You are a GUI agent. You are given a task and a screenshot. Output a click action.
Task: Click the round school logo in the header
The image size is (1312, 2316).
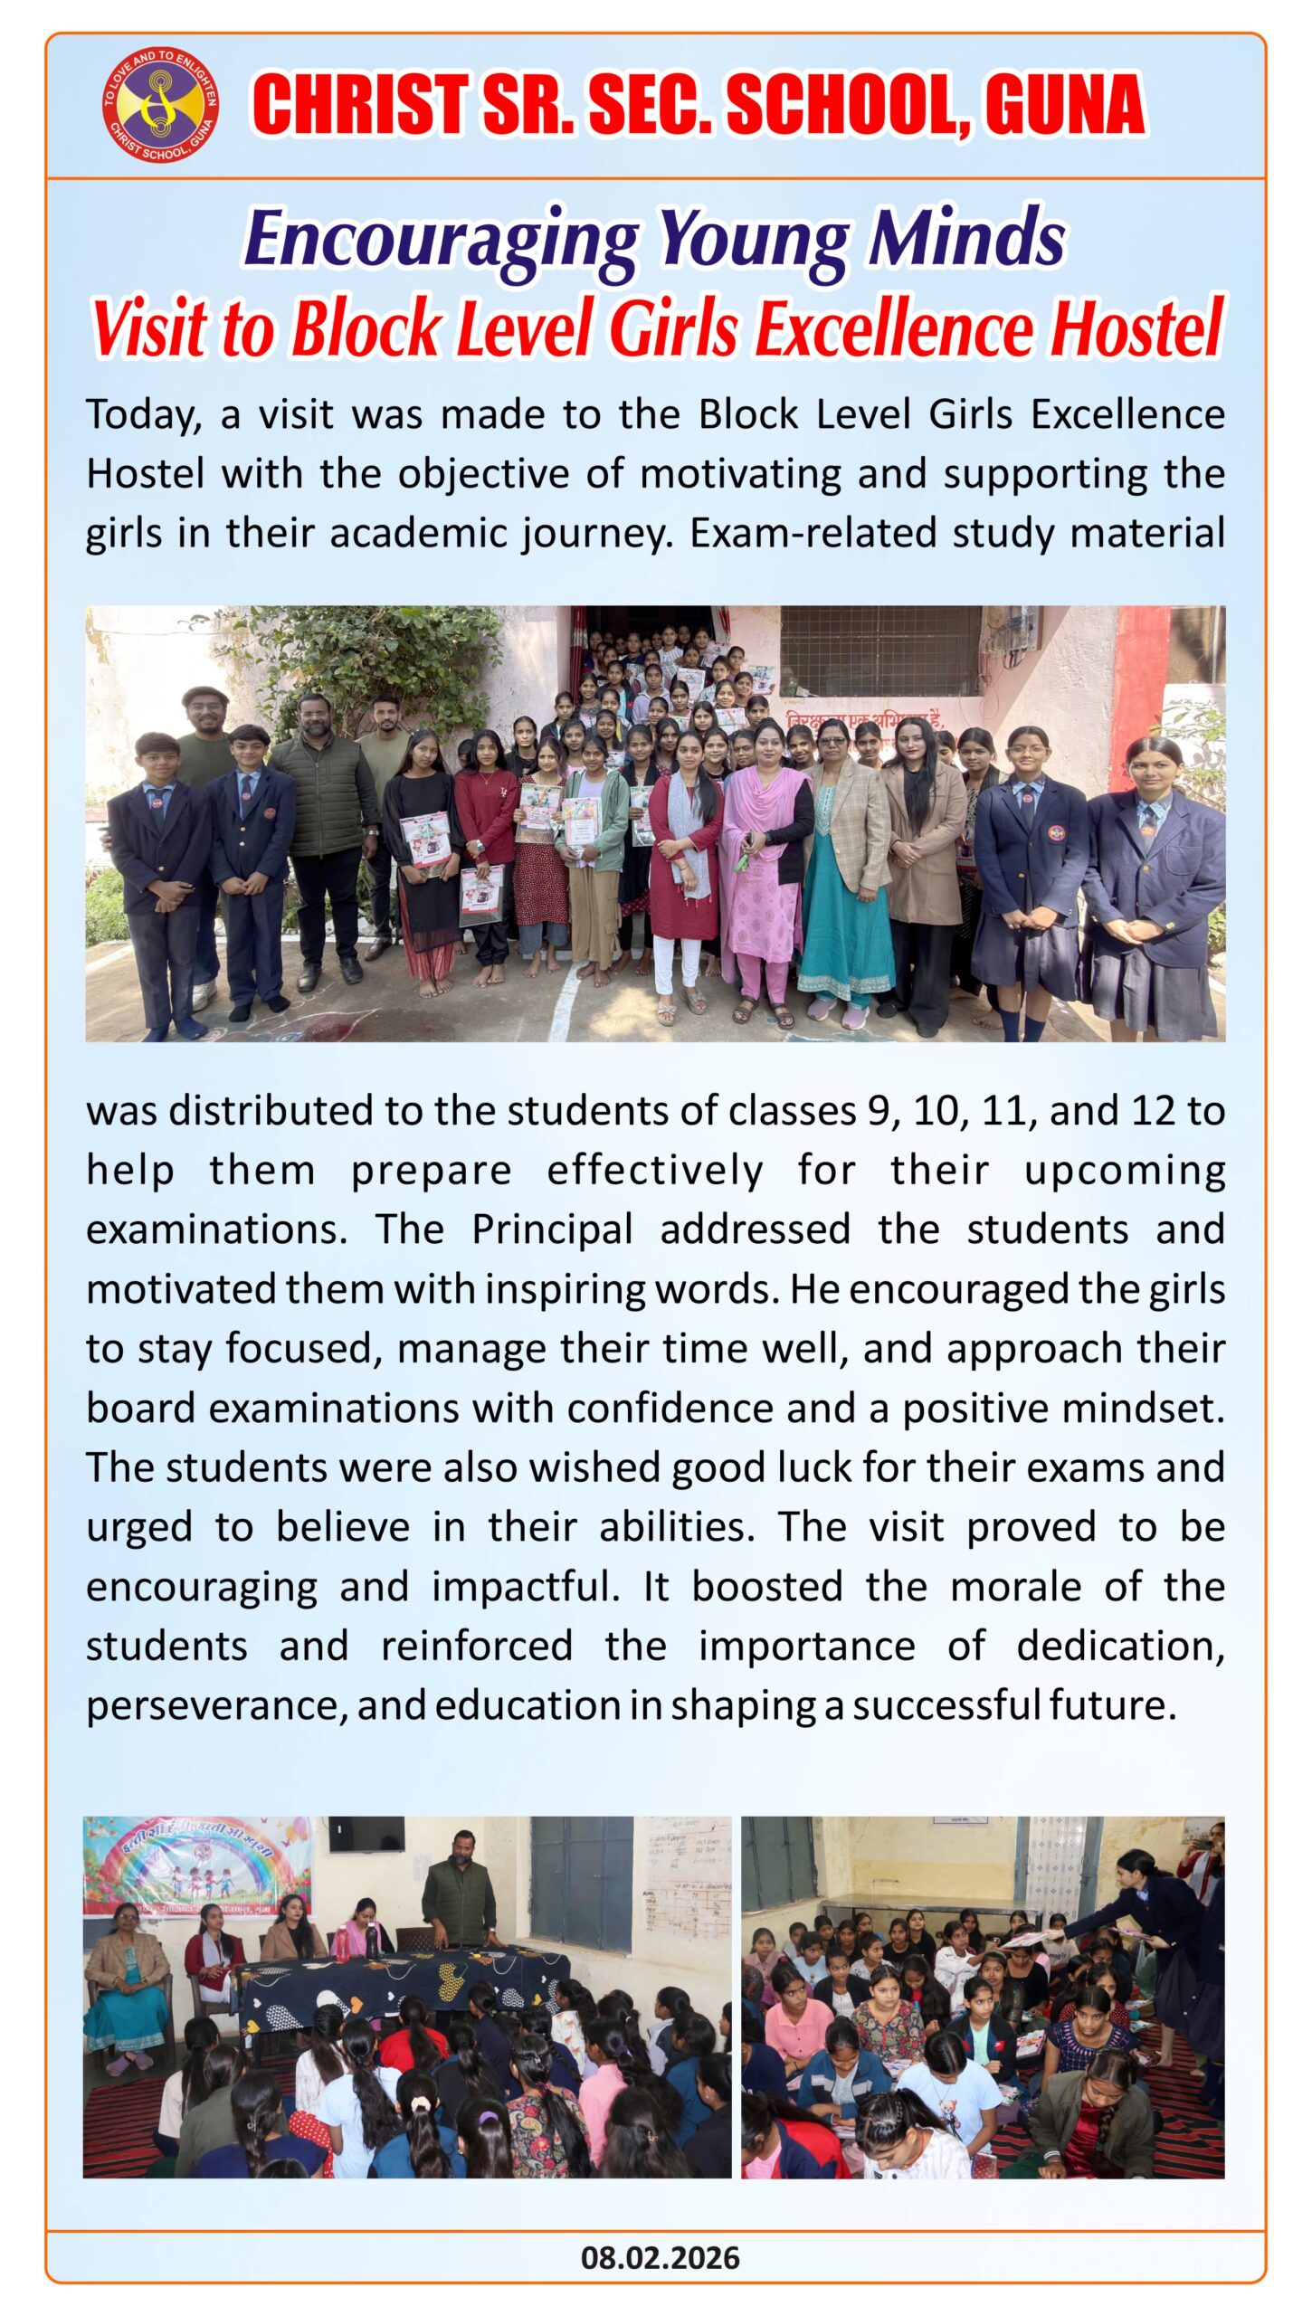point(160,105)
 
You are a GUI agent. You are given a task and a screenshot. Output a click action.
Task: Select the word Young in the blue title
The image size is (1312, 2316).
point(753,240)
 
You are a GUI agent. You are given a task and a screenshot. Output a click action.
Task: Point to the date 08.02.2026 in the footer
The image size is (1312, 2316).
point(660,2258)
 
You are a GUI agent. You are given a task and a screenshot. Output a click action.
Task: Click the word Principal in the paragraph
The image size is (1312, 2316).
point(552,1229)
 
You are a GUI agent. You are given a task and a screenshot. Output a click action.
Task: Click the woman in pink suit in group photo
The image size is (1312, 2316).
point(765,859)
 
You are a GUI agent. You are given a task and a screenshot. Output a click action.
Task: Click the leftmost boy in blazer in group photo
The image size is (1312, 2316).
point(161,878)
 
